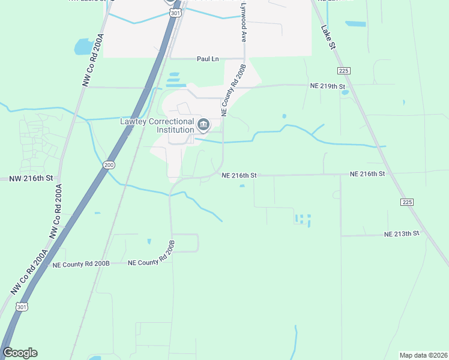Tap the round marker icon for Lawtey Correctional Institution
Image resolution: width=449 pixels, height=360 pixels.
pos(203,125)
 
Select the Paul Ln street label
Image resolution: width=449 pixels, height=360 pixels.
pos(207,59)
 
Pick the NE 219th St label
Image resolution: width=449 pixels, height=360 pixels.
pos(328,86)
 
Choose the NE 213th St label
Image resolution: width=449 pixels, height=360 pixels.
pos(402,233)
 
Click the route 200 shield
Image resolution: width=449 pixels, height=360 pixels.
pos(109,164)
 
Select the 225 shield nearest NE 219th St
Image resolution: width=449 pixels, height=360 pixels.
pos(344,71)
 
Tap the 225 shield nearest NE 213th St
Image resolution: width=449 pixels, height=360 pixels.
pos(407,202)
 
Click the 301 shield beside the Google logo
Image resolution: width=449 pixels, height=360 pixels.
pos(22,307)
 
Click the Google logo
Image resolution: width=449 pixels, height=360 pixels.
pos(20,353)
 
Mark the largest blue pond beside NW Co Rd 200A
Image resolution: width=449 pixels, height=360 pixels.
pos(82,46)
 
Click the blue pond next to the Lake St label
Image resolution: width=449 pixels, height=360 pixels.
pos(355,24)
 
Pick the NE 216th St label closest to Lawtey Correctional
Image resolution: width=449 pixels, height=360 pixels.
pos(239,175)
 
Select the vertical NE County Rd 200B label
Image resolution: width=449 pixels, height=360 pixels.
pos(234,90)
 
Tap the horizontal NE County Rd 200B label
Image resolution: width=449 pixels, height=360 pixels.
pos(81,264)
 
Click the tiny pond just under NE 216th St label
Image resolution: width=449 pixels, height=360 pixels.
pos(242,185)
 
